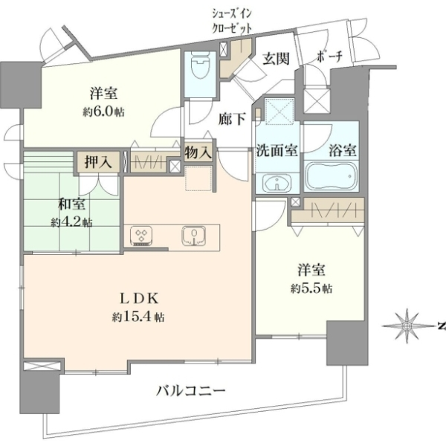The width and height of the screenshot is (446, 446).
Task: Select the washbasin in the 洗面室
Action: point(277,182)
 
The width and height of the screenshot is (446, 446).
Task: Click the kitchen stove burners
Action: point(141,236)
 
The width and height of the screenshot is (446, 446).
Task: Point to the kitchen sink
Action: point(194,236)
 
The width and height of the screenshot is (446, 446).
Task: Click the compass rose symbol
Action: point(407,326)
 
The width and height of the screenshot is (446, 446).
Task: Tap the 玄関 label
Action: point(276,59)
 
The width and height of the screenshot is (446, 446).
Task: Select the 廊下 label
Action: point(232,120)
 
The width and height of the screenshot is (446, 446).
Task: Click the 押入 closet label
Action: point(98,162)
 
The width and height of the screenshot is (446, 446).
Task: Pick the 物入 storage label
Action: point(198,152)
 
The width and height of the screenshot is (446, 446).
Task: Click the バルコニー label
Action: point(191,390)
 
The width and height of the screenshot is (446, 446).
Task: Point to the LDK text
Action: point(138,298)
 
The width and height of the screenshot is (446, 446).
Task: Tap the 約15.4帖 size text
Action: point(138,317)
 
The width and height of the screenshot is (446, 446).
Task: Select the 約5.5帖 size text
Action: point(311,288)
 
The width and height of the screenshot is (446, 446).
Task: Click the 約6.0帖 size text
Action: point(103,112)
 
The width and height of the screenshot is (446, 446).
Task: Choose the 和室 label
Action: point(71,204)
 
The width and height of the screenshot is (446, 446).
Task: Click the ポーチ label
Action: point(329,57)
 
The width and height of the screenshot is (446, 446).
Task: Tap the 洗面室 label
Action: point(277,150)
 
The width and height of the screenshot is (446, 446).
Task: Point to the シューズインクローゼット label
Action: point(232,22)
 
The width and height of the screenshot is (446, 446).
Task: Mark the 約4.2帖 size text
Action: point(71,222)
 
